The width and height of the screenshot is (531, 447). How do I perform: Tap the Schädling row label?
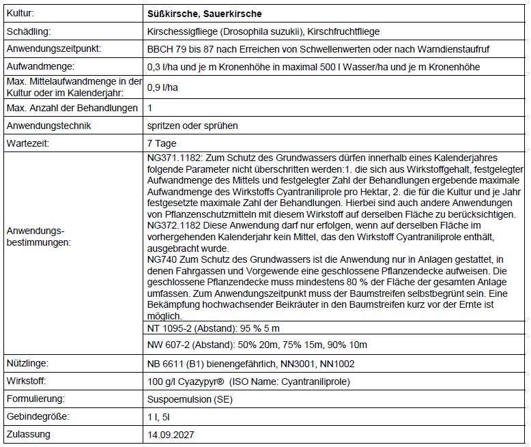point(28,31)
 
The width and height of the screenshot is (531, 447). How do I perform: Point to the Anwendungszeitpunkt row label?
point(53,50)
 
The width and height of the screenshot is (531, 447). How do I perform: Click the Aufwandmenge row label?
point(39,68)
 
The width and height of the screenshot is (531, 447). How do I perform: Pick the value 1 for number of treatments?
point(149,108)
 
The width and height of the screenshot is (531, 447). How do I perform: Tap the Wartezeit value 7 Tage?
point(162,144)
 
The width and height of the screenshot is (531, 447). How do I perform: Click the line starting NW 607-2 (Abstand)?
point(257,345)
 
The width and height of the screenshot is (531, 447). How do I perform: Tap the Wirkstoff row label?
point(27,381)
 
